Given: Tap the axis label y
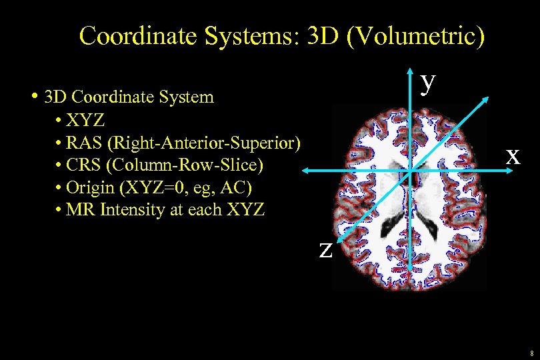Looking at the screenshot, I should [x=429, y=81].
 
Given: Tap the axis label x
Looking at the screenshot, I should [x=512, y=155].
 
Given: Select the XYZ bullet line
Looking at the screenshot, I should [x=85, y=121].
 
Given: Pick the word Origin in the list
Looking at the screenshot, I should [x=91, y=187].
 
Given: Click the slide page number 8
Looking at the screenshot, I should [x=531, y=353].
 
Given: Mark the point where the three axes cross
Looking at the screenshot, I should [x=411, y=172].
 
